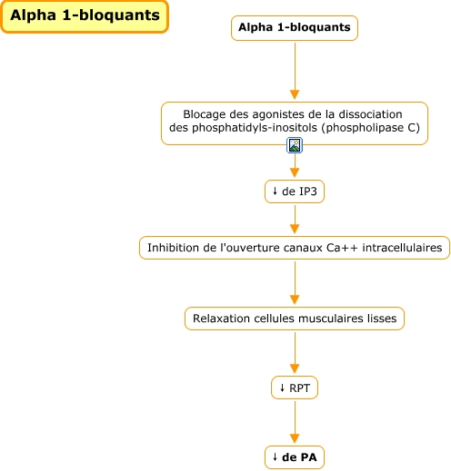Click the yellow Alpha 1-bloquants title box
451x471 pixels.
pos(85,16)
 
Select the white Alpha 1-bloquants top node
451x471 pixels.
pos(294,28)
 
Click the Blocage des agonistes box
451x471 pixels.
pos(294,123)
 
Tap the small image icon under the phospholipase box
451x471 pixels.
pos(294,146)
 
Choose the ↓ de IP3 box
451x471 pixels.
pos(294,191)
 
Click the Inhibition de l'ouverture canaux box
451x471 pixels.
pos(294,247)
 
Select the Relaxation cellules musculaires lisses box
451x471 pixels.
pos(294,319)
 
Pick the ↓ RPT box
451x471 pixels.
pos(294,388)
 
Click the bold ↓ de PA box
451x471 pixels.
pos(294,456)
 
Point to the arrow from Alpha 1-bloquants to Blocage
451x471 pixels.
pos(294,73)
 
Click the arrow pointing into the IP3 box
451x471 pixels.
pos(294,168)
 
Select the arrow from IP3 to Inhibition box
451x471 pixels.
pos(294,220)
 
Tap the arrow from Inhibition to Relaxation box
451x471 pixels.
pos(294,283)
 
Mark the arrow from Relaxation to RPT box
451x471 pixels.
pos(294,354)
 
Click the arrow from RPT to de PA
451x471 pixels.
pos(294,423)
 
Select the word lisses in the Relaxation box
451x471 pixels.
pos(381,319)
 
